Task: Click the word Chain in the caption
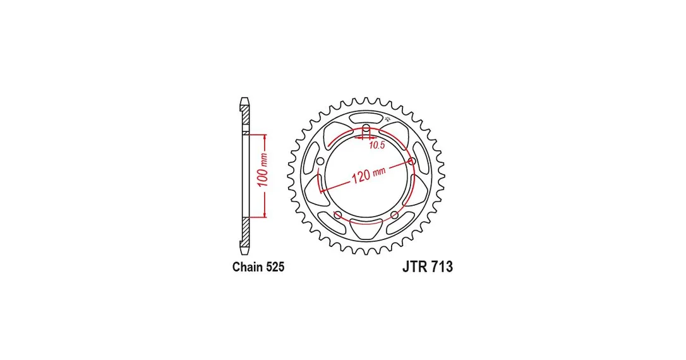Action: point(246,267)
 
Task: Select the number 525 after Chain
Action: point(274,267)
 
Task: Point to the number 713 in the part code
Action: point(442,267)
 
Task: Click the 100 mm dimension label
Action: point(263,170)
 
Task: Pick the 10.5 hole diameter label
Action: point(376,145)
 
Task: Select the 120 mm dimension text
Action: point(368,174)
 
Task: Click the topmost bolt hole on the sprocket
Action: point(366,128)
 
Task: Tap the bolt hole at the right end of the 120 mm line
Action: point(412,162)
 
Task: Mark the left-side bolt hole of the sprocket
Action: point(320,162)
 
